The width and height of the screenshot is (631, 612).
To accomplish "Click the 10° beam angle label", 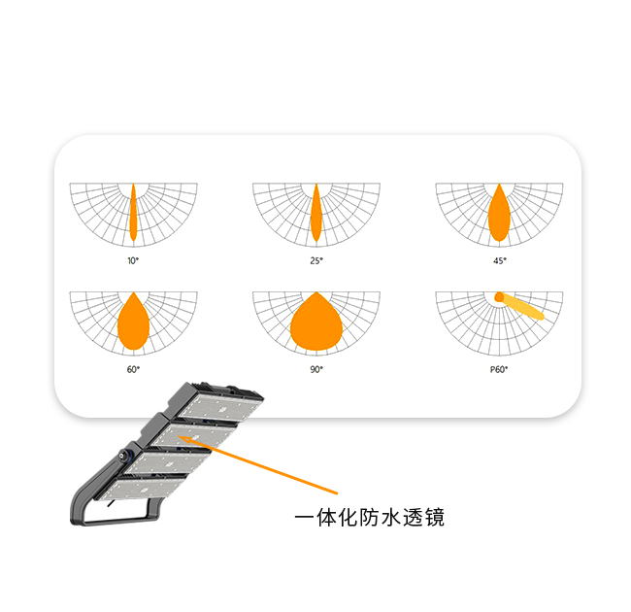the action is click(x=133, y=261).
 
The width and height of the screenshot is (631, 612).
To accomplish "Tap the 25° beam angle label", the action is click(x=316, y=261).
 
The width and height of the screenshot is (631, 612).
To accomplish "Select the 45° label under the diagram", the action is click(x=500, y=261).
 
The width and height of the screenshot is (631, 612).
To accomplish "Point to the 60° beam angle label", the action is click(x=133, y=369).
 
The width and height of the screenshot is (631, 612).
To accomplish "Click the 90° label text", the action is click(x=316, y=369).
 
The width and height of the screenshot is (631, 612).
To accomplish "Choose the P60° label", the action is click(x=499, y=369).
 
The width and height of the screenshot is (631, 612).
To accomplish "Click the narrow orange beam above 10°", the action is click(x=133, y=213).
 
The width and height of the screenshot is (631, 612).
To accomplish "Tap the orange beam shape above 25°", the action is click(x=316, y=213).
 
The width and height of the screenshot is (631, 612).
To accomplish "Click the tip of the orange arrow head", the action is click(x=177, y=436).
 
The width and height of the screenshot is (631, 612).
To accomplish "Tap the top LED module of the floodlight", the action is click(x=220, y=407).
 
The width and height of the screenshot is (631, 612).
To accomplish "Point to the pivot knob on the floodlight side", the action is click(x=121, y=456).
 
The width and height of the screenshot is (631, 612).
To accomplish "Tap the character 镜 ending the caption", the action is click(x=435, y=518).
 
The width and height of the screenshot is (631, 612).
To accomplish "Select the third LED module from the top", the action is click(x=168, y=462).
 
